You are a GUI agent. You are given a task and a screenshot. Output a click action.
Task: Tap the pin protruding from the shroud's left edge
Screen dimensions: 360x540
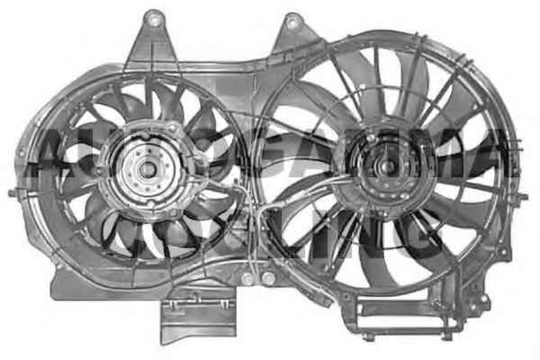[x=12, y=192]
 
